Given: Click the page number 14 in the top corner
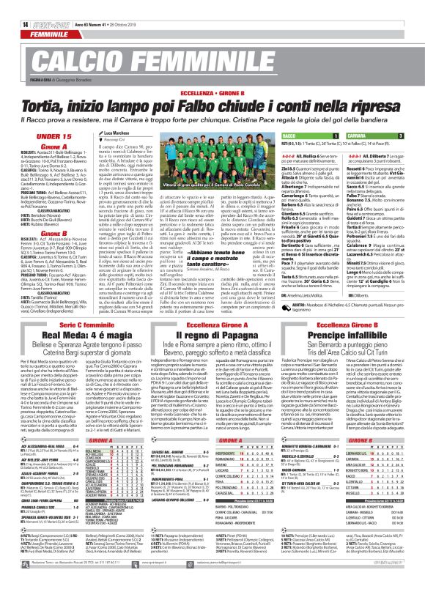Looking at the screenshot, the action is (15, 7).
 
